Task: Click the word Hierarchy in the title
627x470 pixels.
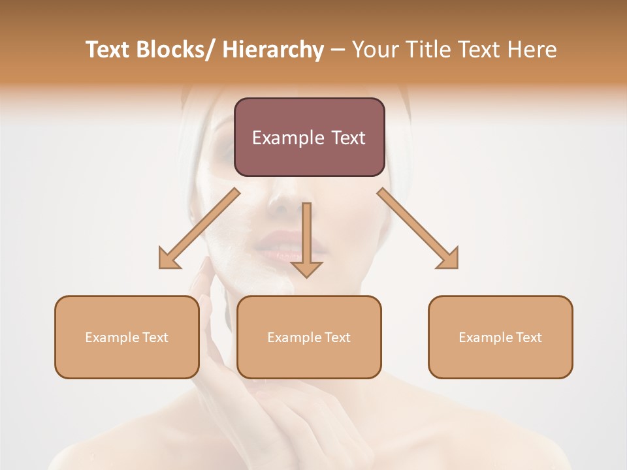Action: [273, 50]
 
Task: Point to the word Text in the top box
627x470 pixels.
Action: [347, 138]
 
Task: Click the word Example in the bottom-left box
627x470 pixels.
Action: [112, 337]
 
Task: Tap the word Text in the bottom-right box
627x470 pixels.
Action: [529, 337]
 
